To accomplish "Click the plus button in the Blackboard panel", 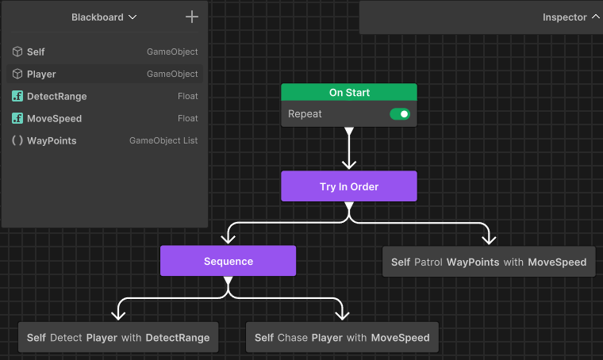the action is click(192, 17).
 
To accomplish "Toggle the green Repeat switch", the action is click(400, 114).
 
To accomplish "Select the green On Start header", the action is click(349, 92).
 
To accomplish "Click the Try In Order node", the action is click(349, 186).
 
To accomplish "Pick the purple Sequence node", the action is click(228, 261).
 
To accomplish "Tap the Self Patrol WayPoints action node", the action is click(489, 262).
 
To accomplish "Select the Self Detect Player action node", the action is click(118, 337).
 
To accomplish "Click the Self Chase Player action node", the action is click(342, 337).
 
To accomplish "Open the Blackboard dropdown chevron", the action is click(133, 17).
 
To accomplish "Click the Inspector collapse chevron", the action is click(596, 17).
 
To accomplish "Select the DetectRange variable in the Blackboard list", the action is click(57, 96).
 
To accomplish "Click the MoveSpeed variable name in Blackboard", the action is click(54, 118).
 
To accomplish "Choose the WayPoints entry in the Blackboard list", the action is click(52, 140).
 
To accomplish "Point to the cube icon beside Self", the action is click(17, 52).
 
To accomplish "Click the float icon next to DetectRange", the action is click(17, 96).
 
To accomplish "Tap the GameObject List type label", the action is click(163, 140).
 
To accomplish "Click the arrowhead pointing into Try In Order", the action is click(349, 164).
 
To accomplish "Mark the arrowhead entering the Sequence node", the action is click(228, 239).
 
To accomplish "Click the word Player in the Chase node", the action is click(327, 338).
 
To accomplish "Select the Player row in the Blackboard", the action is click(105, 74).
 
